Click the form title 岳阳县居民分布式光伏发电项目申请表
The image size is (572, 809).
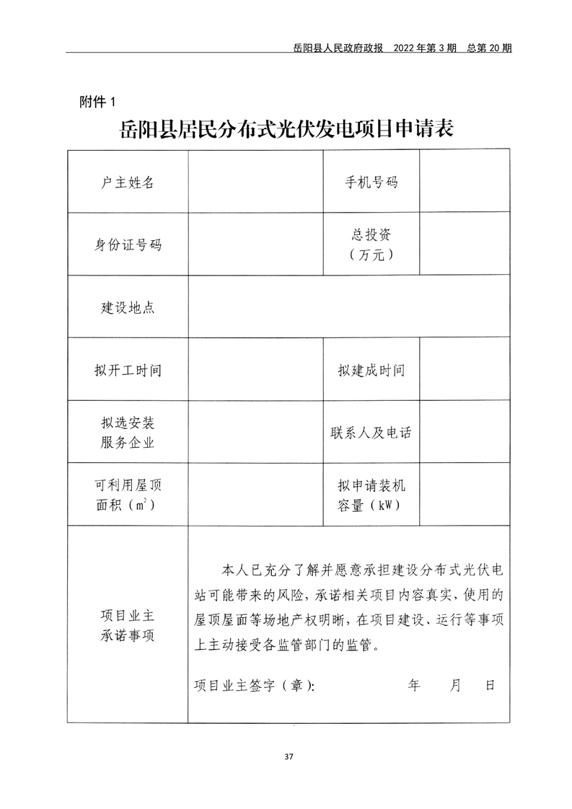[x=286, y=131]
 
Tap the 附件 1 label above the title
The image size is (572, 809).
[x=96, y=102]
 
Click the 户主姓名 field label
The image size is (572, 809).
[x=128, y=182]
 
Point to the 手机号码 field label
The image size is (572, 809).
[x=371, y=182]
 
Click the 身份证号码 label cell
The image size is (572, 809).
[x=128, y=244]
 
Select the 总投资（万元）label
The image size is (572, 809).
[x=371, y=244]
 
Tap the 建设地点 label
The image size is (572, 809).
[x=128, y=308]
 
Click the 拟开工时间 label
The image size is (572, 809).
[x=128, y=371]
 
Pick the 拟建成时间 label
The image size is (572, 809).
[x=371, y=371]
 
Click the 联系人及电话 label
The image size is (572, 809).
[x=371, y=433]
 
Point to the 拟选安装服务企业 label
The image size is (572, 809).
[x=128, y=433]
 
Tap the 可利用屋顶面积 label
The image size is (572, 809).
[x=128, y=495]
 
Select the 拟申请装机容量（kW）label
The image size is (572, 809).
[x=371, y=495]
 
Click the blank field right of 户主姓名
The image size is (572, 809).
[x=255, y=182]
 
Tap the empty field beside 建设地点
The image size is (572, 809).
[x=349, y=308]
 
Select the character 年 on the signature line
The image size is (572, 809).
[x=414, y=685]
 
